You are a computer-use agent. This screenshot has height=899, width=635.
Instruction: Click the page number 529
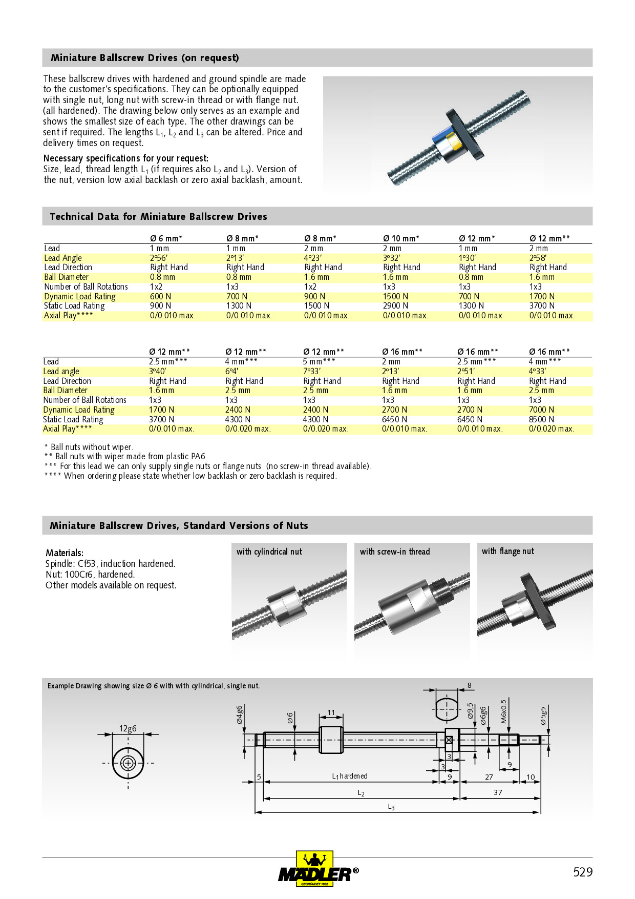coord(582,872)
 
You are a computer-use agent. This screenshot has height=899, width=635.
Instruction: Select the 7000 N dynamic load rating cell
coord(541,410)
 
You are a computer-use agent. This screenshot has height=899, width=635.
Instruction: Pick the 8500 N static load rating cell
coord(541,419)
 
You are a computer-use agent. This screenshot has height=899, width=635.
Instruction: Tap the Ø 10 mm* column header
coord(401,238)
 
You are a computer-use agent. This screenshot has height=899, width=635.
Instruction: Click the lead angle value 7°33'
coord(312,371)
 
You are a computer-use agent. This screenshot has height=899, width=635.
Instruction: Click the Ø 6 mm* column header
coord(166,238)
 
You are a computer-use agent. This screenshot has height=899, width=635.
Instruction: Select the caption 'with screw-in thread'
coord(394,551)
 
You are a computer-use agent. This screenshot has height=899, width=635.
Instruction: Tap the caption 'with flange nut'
coord(507,551)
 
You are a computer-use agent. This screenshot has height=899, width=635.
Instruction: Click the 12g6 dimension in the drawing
coord(128,728)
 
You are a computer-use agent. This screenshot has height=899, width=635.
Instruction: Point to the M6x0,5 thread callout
coord(504,711)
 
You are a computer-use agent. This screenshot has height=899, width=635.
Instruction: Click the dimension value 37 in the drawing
coord(498,792)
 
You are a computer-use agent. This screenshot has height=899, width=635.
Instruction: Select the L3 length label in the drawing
coord(391,807)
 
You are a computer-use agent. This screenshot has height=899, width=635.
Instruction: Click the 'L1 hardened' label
coord(350,776)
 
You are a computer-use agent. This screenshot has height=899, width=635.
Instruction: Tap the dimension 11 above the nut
coord(331,712)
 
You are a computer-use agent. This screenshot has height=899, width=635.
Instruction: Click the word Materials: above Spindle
coord(65,553)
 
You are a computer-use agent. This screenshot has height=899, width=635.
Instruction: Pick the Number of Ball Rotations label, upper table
coord(86,287)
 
